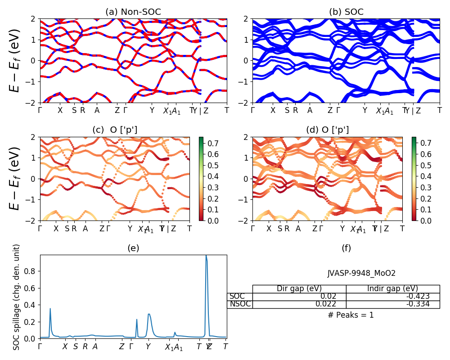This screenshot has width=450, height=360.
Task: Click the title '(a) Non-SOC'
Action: pyautogui.click(x=133, y=12)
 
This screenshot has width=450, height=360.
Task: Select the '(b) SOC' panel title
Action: pyautogui.click(x=346, y=12)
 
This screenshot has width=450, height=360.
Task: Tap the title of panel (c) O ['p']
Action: pyautogui.click(x=115, y=130)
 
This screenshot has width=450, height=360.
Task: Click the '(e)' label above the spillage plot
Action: pyautogui.click(x=133, y=248)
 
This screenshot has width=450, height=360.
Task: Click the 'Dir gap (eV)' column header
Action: pyautogui.click(x=299, y=288)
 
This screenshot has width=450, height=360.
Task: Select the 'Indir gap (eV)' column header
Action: pyautogui.click(x=392, y=288)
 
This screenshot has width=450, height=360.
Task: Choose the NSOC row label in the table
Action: pyautogui.click(x=239, y=304)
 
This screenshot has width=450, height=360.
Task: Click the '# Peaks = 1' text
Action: pyautogui.click(x=351, y=315)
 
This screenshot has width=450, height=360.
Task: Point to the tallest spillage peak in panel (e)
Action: pyautogui.click(x=206, y=256)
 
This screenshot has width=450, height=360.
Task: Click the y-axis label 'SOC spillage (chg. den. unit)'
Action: pyautogui.click(x=17, y=297)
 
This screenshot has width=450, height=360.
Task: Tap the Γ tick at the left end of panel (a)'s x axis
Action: pyautogui.click(x=40, y=110)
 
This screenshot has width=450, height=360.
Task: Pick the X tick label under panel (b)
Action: pyautogui.click(x=273, y=110)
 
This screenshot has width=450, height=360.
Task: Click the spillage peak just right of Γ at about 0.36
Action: pyautogui.click(x=50, y=309)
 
